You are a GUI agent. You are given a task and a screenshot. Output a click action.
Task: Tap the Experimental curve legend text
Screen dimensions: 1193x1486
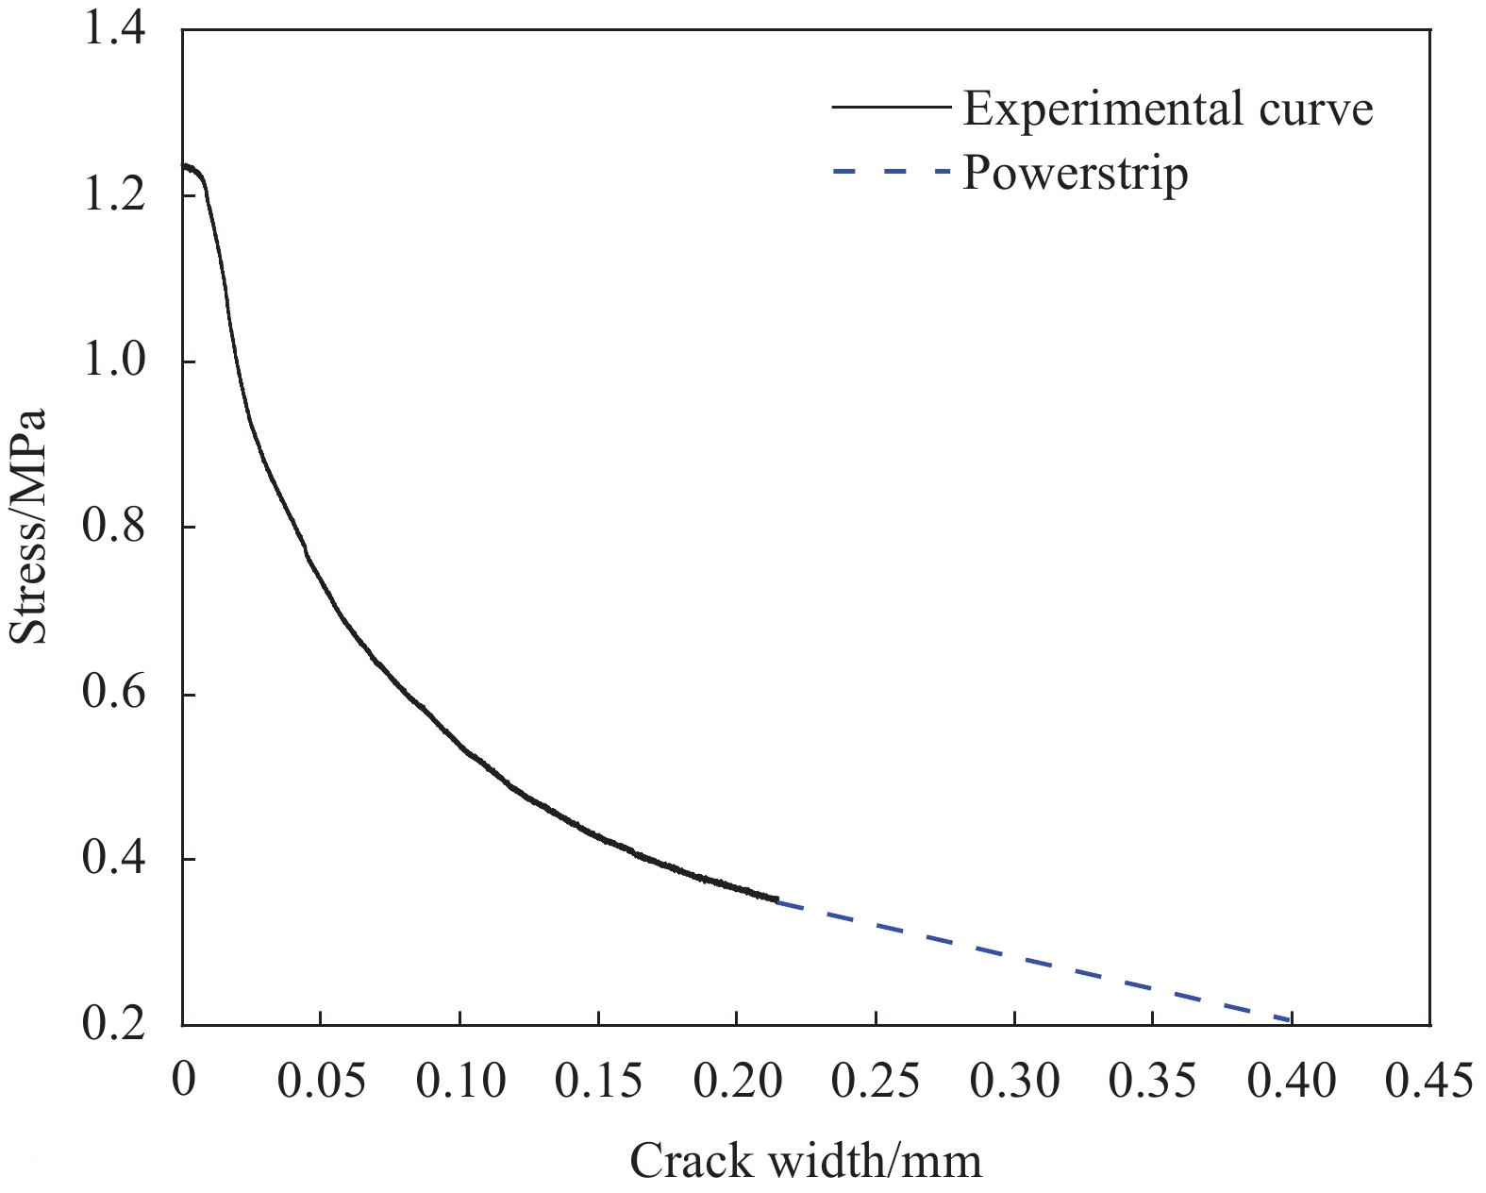point(1167,109)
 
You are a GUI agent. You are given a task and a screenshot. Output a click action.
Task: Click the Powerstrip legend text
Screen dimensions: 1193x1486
point(1075,173)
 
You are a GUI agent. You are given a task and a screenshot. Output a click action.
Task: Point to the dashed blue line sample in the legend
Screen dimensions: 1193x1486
point(890,173)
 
